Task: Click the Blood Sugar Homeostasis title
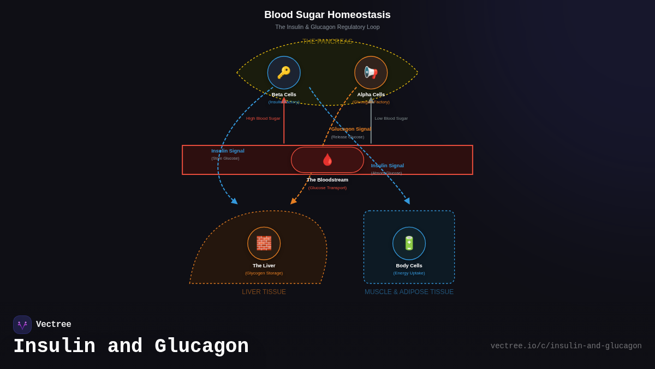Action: pyautogui.click(x=327, y=15)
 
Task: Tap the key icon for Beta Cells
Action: pyautogui.click(x=284, y=73)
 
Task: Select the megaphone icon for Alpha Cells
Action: pyautogui.click(x=371, y=73)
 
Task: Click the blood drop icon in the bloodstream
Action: pyautogui.click(x=327, y=160)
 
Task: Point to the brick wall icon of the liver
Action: pyautogui.click(x=264, y=243)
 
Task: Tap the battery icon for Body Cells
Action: pyautogui.click(x=409, y=243)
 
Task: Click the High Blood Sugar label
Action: pyautogui.click(x=263, y=119)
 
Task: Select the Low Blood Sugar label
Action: pyautogui.click(x=391, y=119)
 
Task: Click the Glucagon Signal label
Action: pyautogui.click(x=351, y=129)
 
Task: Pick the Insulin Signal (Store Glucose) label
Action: pyautogui.click(x=228, y=151)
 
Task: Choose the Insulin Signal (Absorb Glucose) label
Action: pyautogui.click(x=388, y=166)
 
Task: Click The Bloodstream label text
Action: pyautogui.click(x=327, y=180)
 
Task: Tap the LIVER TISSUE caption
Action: pyautogui.click(x=264, y=292)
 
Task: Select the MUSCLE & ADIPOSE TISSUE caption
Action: pyautogui.click(x=409, y=292)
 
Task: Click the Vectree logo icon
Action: pyautogui.click(x=22, y=325)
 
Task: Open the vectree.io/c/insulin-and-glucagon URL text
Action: pyautogui.click(x=566, y=346)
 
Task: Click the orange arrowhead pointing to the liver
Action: pyautogui.click(x=293, y=201)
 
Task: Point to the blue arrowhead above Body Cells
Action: pyautogui.click(x=407, y=201)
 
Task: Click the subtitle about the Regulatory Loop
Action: pyautogui.click(x=327, y=27)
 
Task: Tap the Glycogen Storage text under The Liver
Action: pyautogui.click(x=264, y=273)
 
